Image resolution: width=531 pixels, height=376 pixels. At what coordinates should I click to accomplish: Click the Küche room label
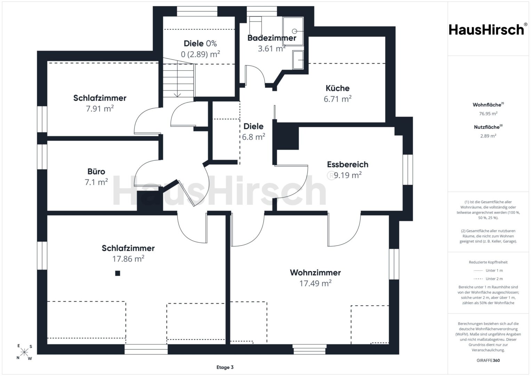pos(337,88)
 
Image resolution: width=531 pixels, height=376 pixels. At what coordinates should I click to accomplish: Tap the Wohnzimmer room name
pos(315,273)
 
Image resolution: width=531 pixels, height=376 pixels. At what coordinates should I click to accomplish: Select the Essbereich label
pos(347,164)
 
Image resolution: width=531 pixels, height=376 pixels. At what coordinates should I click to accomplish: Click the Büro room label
pos(96,171)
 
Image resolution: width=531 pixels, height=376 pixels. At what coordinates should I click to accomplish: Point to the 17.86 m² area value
pos(128,258)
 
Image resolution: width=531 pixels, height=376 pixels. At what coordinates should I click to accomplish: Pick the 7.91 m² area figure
pos(100,109)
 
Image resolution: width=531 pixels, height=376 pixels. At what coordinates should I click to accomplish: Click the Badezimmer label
pos(272,38)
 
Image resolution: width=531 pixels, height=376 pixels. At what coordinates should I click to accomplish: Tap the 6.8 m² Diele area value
pos(254,137)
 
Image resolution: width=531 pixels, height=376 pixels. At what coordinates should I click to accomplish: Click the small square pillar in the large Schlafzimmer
pos(118,273)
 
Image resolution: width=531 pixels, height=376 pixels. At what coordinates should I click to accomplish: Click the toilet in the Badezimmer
pos(255,26)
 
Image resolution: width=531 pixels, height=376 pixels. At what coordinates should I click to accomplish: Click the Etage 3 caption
pos(225,367)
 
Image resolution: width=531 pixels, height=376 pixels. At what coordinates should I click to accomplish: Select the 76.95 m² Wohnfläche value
pos(488,114)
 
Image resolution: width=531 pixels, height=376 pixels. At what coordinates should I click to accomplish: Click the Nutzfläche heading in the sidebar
pos(488,127)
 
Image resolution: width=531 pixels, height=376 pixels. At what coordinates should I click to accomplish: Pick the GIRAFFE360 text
pos(488,360)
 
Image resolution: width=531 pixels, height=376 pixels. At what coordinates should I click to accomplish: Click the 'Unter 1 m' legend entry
pos(488,271)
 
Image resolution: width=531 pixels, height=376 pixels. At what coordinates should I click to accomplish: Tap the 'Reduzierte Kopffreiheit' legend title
pos(488,262)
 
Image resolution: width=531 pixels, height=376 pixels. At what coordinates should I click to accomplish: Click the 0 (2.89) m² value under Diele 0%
pos(200,54)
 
